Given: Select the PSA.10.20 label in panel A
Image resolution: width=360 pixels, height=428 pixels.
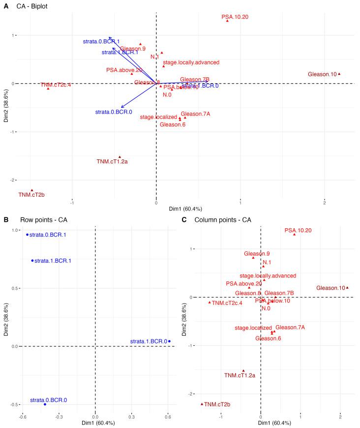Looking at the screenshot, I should tap(235, 17).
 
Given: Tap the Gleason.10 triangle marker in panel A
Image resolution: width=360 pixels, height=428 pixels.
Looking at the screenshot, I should tap(339, 74).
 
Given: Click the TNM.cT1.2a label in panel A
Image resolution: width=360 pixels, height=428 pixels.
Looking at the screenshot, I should tap(112, 161).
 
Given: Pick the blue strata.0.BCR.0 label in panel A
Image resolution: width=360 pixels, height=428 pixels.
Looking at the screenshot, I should tap(114, 112).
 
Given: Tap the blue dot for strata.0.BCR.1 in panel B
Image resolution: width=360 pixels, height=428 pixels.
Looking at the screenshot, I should tap(28, 235).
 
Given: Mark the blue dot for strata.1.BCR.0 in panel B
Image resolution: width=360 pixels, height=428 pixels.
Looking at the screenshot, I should tap(169, 341).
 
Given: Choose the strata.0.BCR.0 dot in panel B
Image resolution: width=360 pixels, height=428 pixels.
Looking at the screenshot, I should tap(45, 404).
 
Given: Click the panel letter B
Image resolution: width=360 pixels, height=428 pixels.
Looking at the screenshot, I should tap(6, 219).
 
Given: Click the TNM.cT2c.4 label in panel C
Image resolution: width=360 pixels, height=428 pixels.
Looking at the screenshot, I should tap(228, 303).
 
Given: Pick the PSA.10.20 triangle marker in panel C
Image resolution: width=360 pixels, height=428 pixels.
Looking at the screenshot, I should tap(295, 234).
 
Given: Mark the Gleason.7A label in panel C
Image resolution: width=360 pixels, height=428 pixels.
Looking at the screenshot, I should tap(291, 327).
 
